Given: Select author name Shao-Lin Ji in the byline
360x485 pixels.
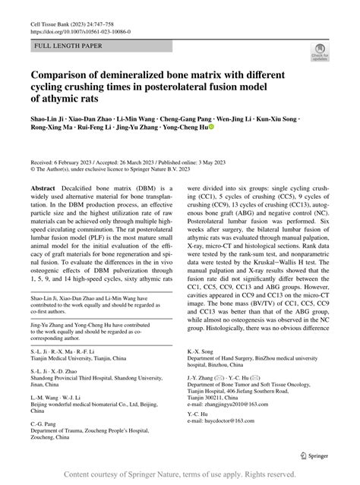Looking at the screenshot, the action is [x=49, y=119].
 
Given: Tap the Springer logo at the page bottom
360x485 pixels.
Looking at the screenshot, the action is [x=314, y=455].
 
